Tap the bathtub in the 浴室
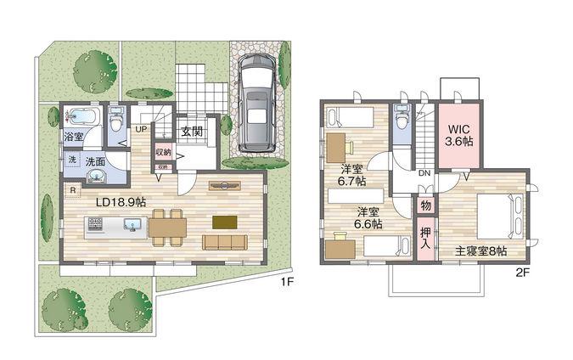pyautogui.click(x=81, y=115)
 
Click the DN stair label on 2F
pyautogui.click(x=424, y=173)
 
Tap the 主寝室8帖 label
pyautogui.click(x=480, y=250)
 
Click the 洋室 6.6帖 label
pyautogui.click(x=368, y=217)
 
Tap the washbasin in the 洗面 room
pyautogui.click(x=95, y=175)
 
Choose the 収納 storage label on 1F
pyautogui.click(x=162, y=152)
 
